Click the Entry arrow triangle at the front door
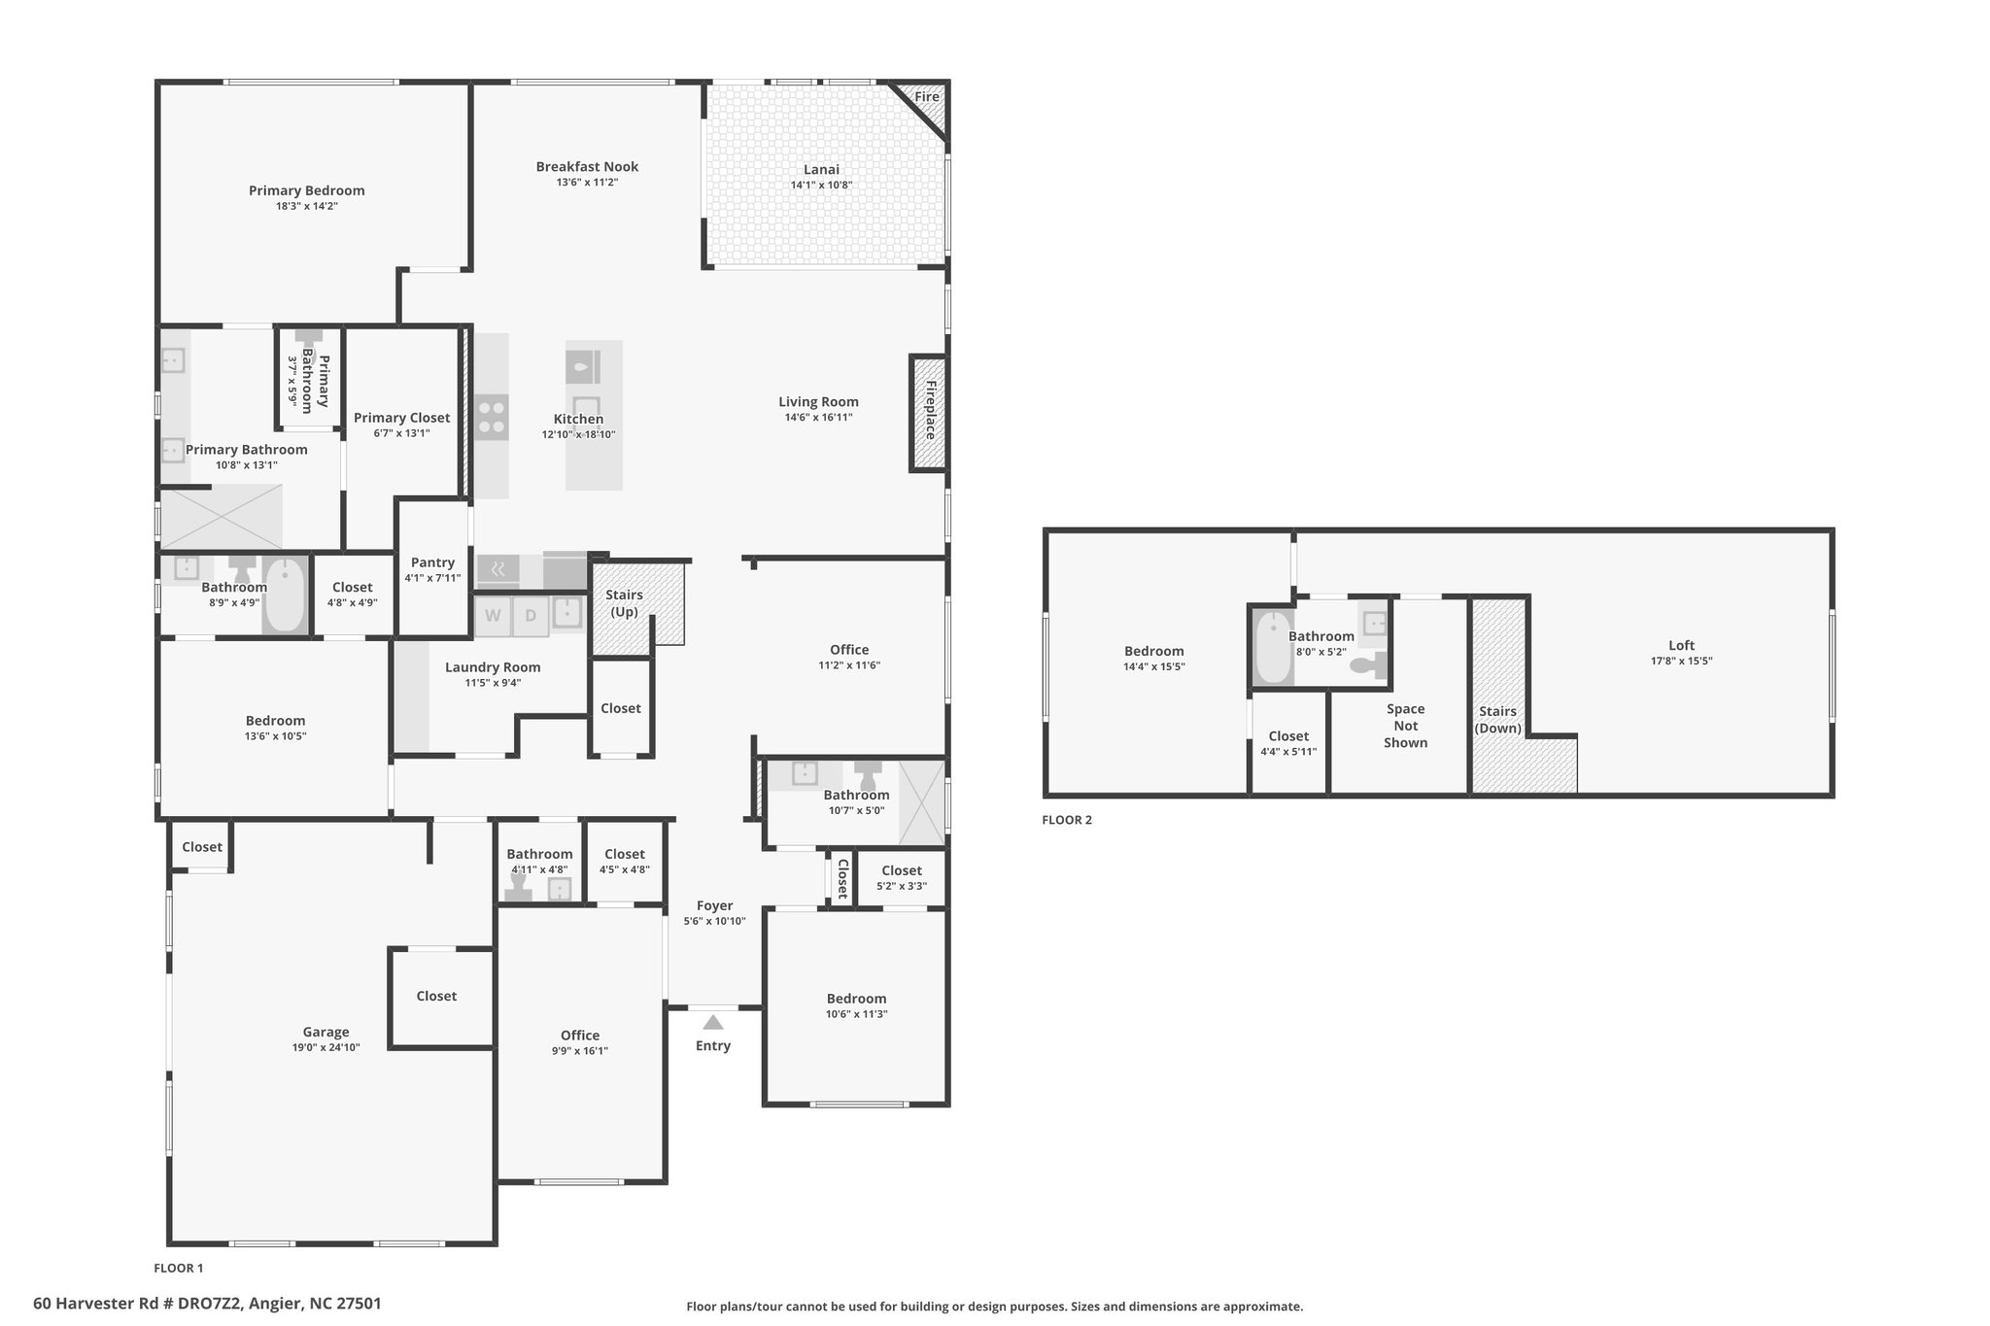tap(713, 1022)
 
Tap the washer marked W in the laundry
tap(493, 615)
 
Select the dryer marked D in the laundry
tap(531, 615)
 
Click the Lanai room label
tap(821, 169)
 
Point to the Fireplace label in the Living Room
tap(930, 410)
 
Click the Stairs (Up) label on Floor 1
tap(624, 603)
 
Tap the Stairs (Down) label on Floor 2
tap(1498, 720)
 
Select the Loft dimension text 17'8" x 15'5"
tap(1681, 661)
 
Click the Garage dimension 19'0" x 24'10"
tap(326, 1047)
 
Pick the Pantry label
tap(432, 562)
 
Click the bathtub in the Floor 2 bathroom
tap(1273, 647)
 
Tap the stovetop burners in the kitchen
tap(492, 417)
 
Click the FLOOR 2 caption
tap(1067, 820)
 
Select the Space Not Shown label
tap(1405, 726)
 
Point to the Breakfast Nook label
tap(587, 166)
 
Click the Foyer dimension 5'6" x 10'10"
tap(714, 921)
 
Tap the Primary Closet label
tap(401, 418)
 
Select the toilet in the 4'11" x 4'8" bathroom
tap(517, 888)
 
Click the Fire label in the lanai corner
tap(926, 97)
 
